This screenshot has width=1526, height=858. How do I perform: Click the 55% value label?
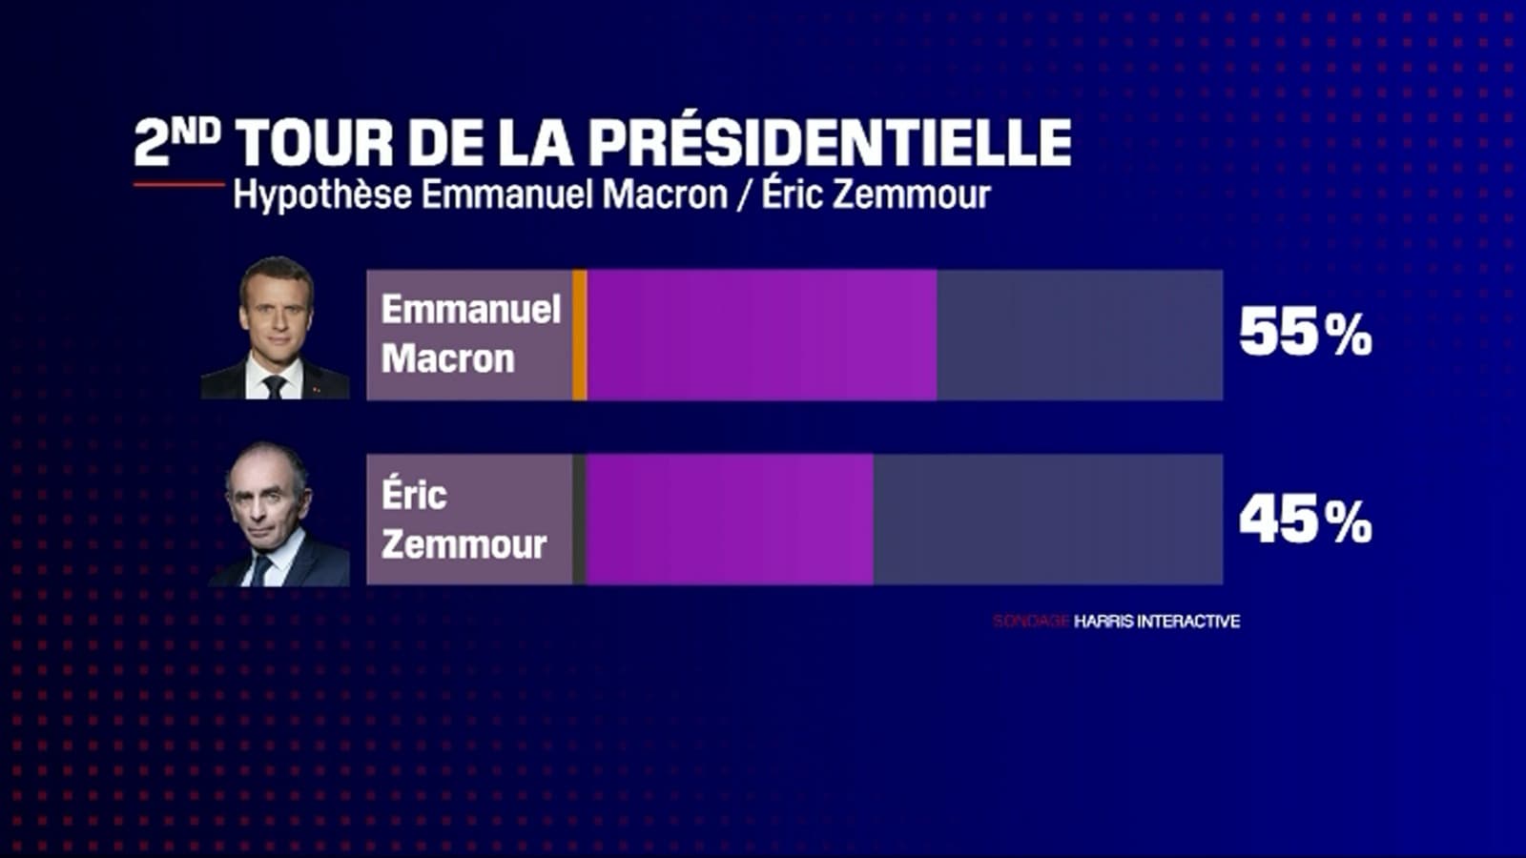tap(1305, 333)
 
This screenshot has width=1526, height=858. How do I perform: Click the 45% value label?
tap(1305, 520)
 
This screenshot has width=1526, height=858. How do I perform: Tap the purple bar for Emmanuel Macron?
tap(761, 335)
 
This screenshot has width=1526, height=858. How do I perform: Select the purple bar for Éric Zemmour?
tap(730, 520)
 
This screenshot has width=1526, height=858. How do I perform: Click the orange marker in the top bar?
tap(579, 335)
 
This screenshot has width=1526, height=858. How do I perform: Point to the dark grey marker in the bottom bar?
tap(579, 520)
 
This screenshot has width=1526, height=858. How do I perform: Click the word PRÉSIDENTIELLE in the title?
tap(829, 143)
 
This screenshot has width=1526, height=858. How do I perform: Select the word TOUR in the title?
tap(315, 144)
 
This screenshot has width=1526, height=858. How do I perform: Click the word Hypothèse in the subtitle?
tap(322, 195)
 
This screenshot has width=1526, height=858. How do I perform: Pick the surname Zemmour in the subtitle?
tap(911, 194)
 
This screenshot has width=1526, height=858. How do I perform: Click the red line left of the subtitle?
tap(179, 184)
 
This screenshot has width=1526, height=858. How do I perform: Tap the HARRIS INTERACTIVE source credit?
tap(1157, 622)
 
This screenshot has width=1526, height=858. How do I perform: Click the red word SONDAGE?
tap(1031, 622)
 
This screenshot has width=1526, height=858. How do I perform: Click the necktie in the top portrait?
tap(275, 385)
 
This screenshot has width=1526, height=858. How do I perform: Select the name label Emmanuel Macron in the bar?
tap(470, 334)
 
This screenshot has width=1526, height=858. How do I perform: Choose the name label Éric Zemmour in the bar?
tap(464, 520)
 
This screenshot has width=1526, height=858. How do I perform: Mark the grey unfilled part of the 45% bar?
tap(1047, 520)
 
